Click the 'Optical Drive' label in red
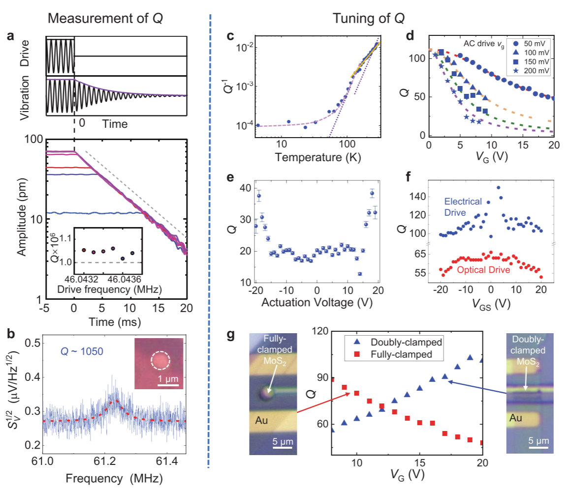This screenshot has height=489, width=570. (x=481, y=270)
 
